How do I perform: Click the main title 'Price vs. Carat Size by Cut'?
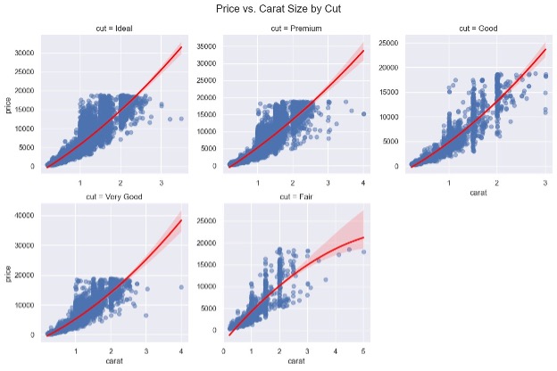point(278,8)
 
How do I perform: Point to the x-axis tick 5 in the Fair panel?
point(362,351)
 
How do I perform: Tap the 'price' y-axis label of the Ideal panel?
point(7,104)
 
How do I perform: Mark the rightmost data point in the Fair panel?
point(362,251)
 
